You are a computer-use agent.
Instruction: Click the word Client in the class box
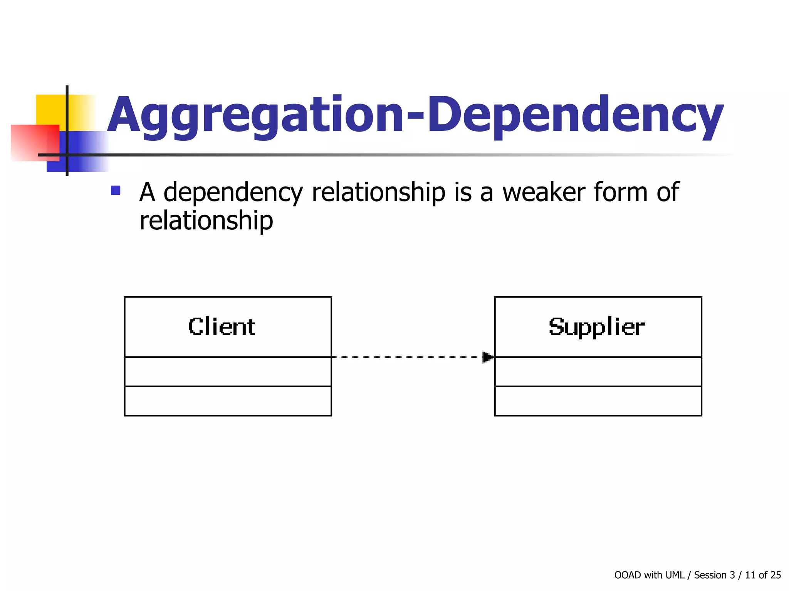222,327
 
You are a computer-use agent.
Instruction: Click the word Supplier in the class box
597,327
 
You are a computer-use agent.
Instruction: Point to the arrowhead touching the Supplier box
488,357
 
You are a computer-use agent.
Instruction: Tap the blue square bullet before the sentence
116,190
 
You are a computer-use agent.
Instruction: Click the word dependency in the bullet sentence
233,193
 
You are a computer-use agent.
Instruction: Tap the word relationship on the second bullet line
206,221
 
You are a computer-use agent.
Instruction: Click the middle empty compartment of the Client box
228,372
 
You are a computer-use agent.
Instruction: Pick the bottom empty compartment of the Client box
228,401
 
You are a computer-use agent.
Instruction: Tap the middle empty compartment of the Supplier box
598,372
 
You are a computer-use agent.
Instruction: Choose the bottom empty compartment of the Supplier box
598,401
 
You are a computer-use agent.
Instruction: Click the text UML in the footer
674,575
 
